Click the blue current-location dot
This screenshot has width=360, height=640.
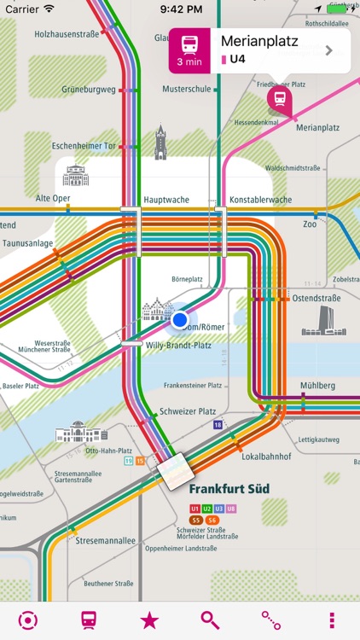[x=179, y=320]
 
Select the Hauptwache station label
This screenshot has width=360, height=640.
[x=165, y=199]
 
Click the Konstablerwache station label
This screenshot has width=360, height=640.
[x=260, y=199]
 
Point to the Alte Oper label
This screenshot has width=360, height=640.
[x=53, y=198]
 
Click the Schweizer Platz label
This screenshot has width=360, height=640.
[x=189, y=411]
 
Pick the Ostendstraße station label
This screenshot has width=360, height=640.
[x=316, y=299]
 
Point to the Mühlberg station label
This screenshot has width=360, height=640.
[x=317, y=386]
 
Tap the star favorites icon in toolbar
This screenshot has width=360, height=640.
[x=149, y=620]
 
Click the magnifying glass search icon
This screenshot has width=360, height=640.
[x=210, y=620]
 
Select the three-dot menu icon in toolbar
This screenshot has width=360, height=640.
[x=332, y=620]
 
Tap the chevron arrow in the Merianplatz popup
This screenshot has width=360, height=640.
[x=329, y=50]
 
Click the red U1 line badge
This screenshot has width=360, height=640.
[x=195, y=509]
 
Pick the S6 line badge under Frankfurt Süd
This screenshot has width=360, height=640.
[x=212, y=520]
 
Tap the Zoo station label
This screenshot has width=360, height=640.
[x=310, y=224]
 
